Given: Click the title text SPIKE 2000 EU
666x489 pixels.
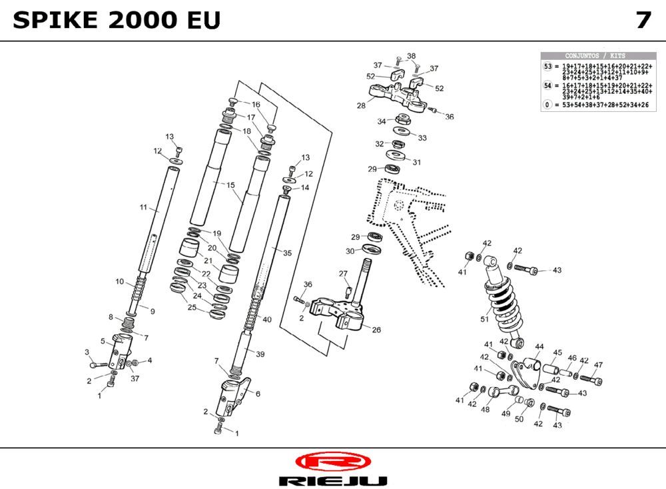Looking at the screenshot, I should (116, 21).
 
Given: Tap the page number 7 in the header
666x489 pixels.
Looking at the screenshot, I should (643, 21).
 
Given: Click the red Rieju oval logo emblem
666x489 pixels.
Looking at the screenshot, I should (332, 462).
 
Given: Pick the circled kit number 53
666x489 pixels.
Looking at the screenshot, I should (548, 67).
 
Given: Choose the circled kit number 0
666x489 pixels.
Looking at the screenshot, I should (548, 105).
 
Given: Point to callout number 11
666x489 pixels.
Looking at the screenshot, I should (143, 208).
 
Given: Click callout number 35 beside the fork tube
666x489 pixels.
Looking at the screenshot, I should (287, 253).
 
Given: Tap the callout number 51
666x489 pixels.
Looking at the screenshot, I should (484, 319).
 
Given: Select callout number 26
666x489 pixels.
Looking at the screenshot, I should (376, 330).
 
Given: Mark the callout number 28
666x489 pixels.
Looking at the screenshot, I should (361, 106).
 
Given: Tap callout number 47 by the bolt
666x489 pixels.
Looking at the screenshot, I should (598, 365).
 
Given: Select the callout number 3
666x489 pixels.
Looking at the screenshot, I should (87, 352).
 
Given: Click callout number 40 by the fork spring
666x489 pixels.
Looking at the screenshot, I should (267, 320).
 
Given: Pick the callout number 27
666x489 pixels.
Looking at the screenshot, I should (343, 274).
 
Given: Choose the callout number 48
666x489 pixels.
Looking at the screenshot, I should (485, 410).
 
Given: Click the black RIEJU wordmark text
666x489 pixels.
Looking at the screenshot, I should (332, 481).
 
